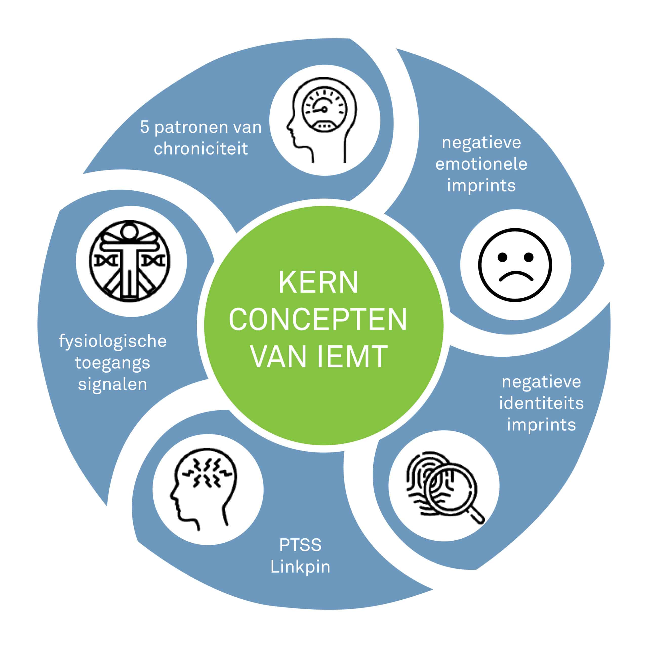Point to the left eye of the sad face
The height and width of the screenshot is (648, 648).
click(502, 257)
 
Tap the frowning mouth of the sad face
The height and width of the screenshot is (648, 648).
click(516, 276)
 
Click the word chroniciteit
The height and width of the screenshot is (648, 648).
click(200, 149)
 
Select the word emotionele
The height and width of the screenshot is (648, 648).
click(481, 164)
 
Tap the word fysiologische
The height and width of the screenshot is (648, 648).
click(113, 341)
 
